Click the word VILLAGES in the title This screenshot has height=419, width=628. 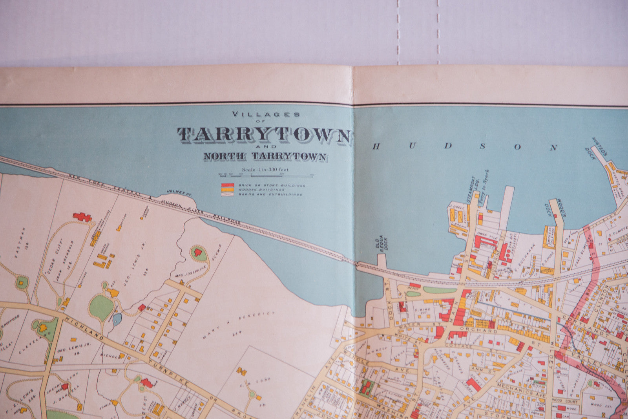(266, 114)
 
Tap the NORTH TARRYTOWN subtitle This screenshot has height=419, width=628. (265, 156)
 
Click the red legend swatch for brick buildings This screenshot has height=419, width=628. (228, 185)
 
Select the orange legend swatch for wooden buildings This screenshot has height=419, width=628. (228, 190)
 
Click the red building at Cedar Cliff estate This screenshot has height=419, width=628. (82, 216)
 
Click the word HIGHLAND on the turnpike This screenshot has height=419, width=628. (84, 329)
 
